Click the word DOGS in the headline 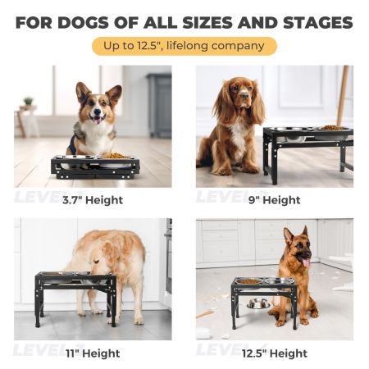[x=84, y=23]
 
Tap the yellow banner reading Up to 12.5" [x=184, y=46]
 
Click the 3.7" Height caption [x=93, y=200]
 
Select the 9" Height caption [x=275, y=200]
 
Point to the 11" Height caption [x=93, y=353]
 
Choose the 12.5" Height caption [x=275, y=353]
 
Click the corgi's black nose [x=97, y=112]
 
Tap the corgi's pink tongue [x=97, y=121]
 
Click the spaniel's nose [x=245, y=95]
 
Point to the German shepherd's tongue [x=306, y=263]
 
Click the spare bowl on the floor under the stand [x=258, y=304]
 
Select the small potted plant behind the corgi [x=28, y=102]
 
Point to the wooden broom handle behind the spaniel [x=343, y=96]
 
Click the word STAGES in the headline [x=318, y=23]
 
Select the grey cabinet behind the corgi [x=159, y=106]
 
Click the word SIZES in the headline [x=207, y=23]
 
